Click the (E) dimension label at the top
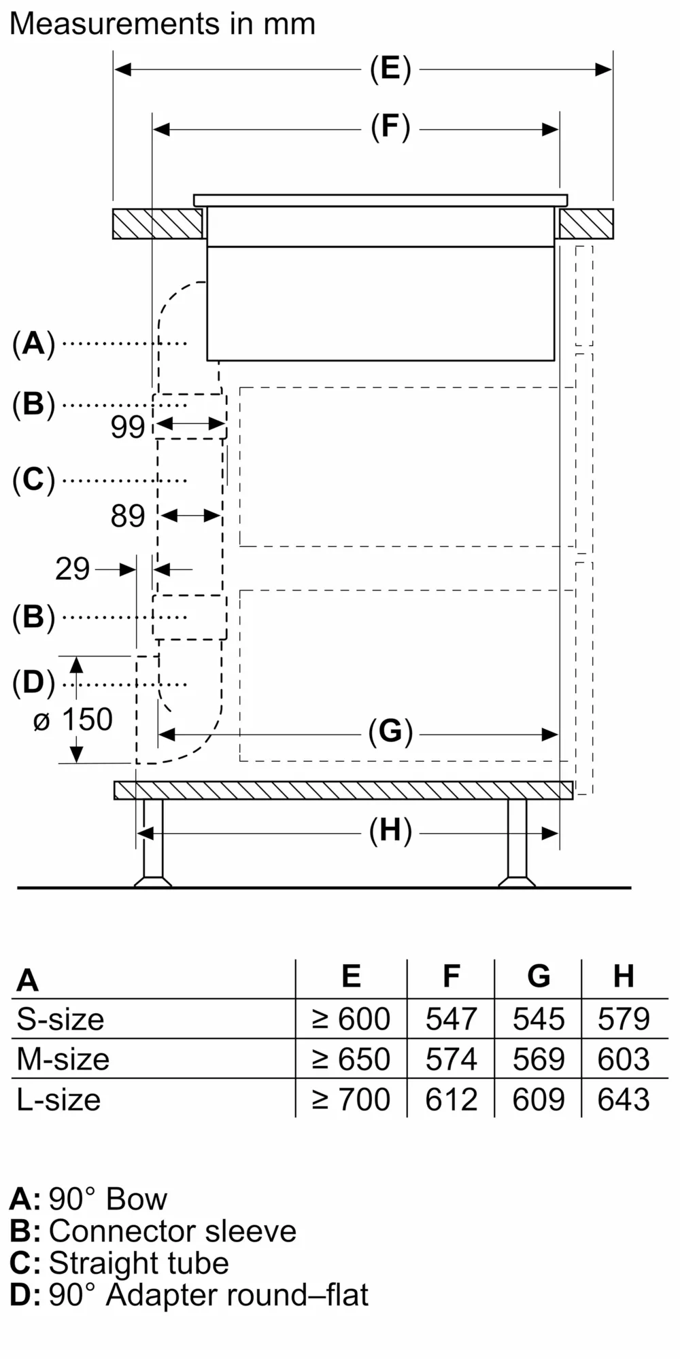pyautogui.click(x=390, y=69)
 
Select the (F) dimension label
pyautogui.click(x=390, y=128)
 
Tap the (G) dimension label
pyautogui.click(x=390, y=733)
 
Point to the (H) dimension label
pyautogui.click(x=390, y=831)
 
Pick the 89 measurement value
pyautogui.click(x=128, y=516)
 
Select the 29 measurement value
pyautogui.click(x=72, y=569)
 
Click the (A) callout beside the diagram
pyautogui.click(x=33, y=344)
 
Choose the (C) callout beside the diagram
pyautogui.click(x=33, y=480)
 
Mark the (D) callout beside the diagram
pyautogui.click(x=33, y=683)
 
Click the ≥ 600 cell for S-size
pyautogui.click(x=351, y=1019)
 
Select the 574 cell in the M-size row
pyautogui.click(x=451, y=1059)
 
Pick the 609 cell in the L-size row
pyautogui.click(x=538, y=1099)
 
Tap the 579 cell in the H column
pyautogui.click(x=624, y=1019)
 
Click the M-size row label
pyautogui.click(x=63, y=1059)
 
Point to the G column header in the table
pyautogui.click(x=538, y=976)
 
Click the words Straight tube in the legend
pyautogui.click(x=139, y=1263)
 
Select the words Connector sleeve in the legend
pyautogui.click(x=173, y=1231)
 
